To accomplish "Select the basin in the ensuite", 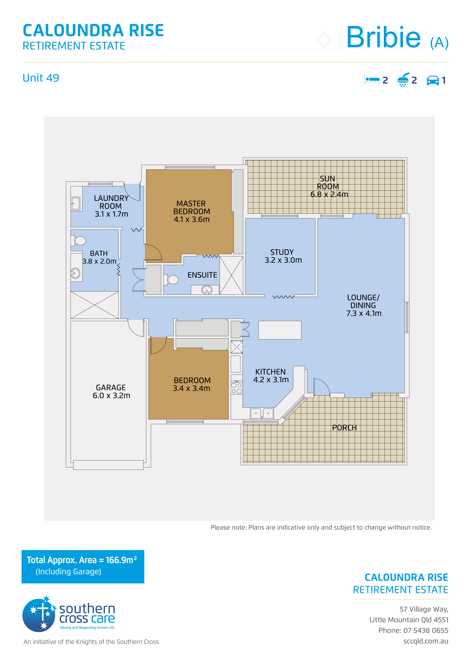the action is tap(207, 290).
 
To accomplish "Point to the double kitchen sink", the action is tap(262, 413).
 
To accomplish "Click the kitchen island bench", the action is tap(280, 330).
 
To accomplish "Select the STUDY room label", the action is tap(282, 252).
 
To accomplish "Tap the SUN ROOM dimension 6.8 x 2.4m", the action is tap(329, 194).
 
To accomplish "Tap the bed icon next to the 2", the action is tap(372, 80).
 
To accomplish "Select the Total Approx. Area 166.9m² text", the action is tap(82, 560).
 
